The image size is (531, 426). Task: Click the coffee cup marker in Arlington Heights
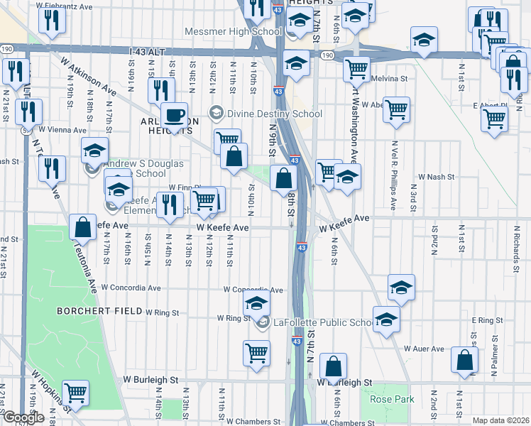pos(174,115)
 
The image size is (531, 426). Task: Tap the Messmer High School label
pos(233,31)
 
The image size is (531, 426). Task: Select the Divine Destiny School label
pos(273,114)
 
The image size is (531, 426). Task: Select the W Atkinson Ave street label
pos(89,77)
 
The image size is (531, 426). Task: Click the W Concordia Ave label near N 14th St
pos(131,288)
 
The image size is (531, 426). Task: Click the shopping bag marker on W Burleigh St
pos(333,367)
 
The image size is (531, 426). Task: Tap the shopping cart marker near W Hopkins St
pos(75,391)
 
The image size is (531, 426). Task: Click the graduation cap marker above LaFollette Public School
pos(256,304)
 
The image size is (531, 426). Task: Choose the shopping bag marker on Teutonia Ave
pos(83,227)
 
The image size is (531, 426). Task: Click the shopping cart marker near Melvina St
pos(356,69)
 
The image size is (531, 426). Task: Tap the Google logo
pos(23,418)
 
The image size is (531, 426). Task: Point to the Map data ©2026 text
pos(500,420)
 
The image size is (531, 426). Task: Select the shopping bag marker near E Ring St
pos(464,361)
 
